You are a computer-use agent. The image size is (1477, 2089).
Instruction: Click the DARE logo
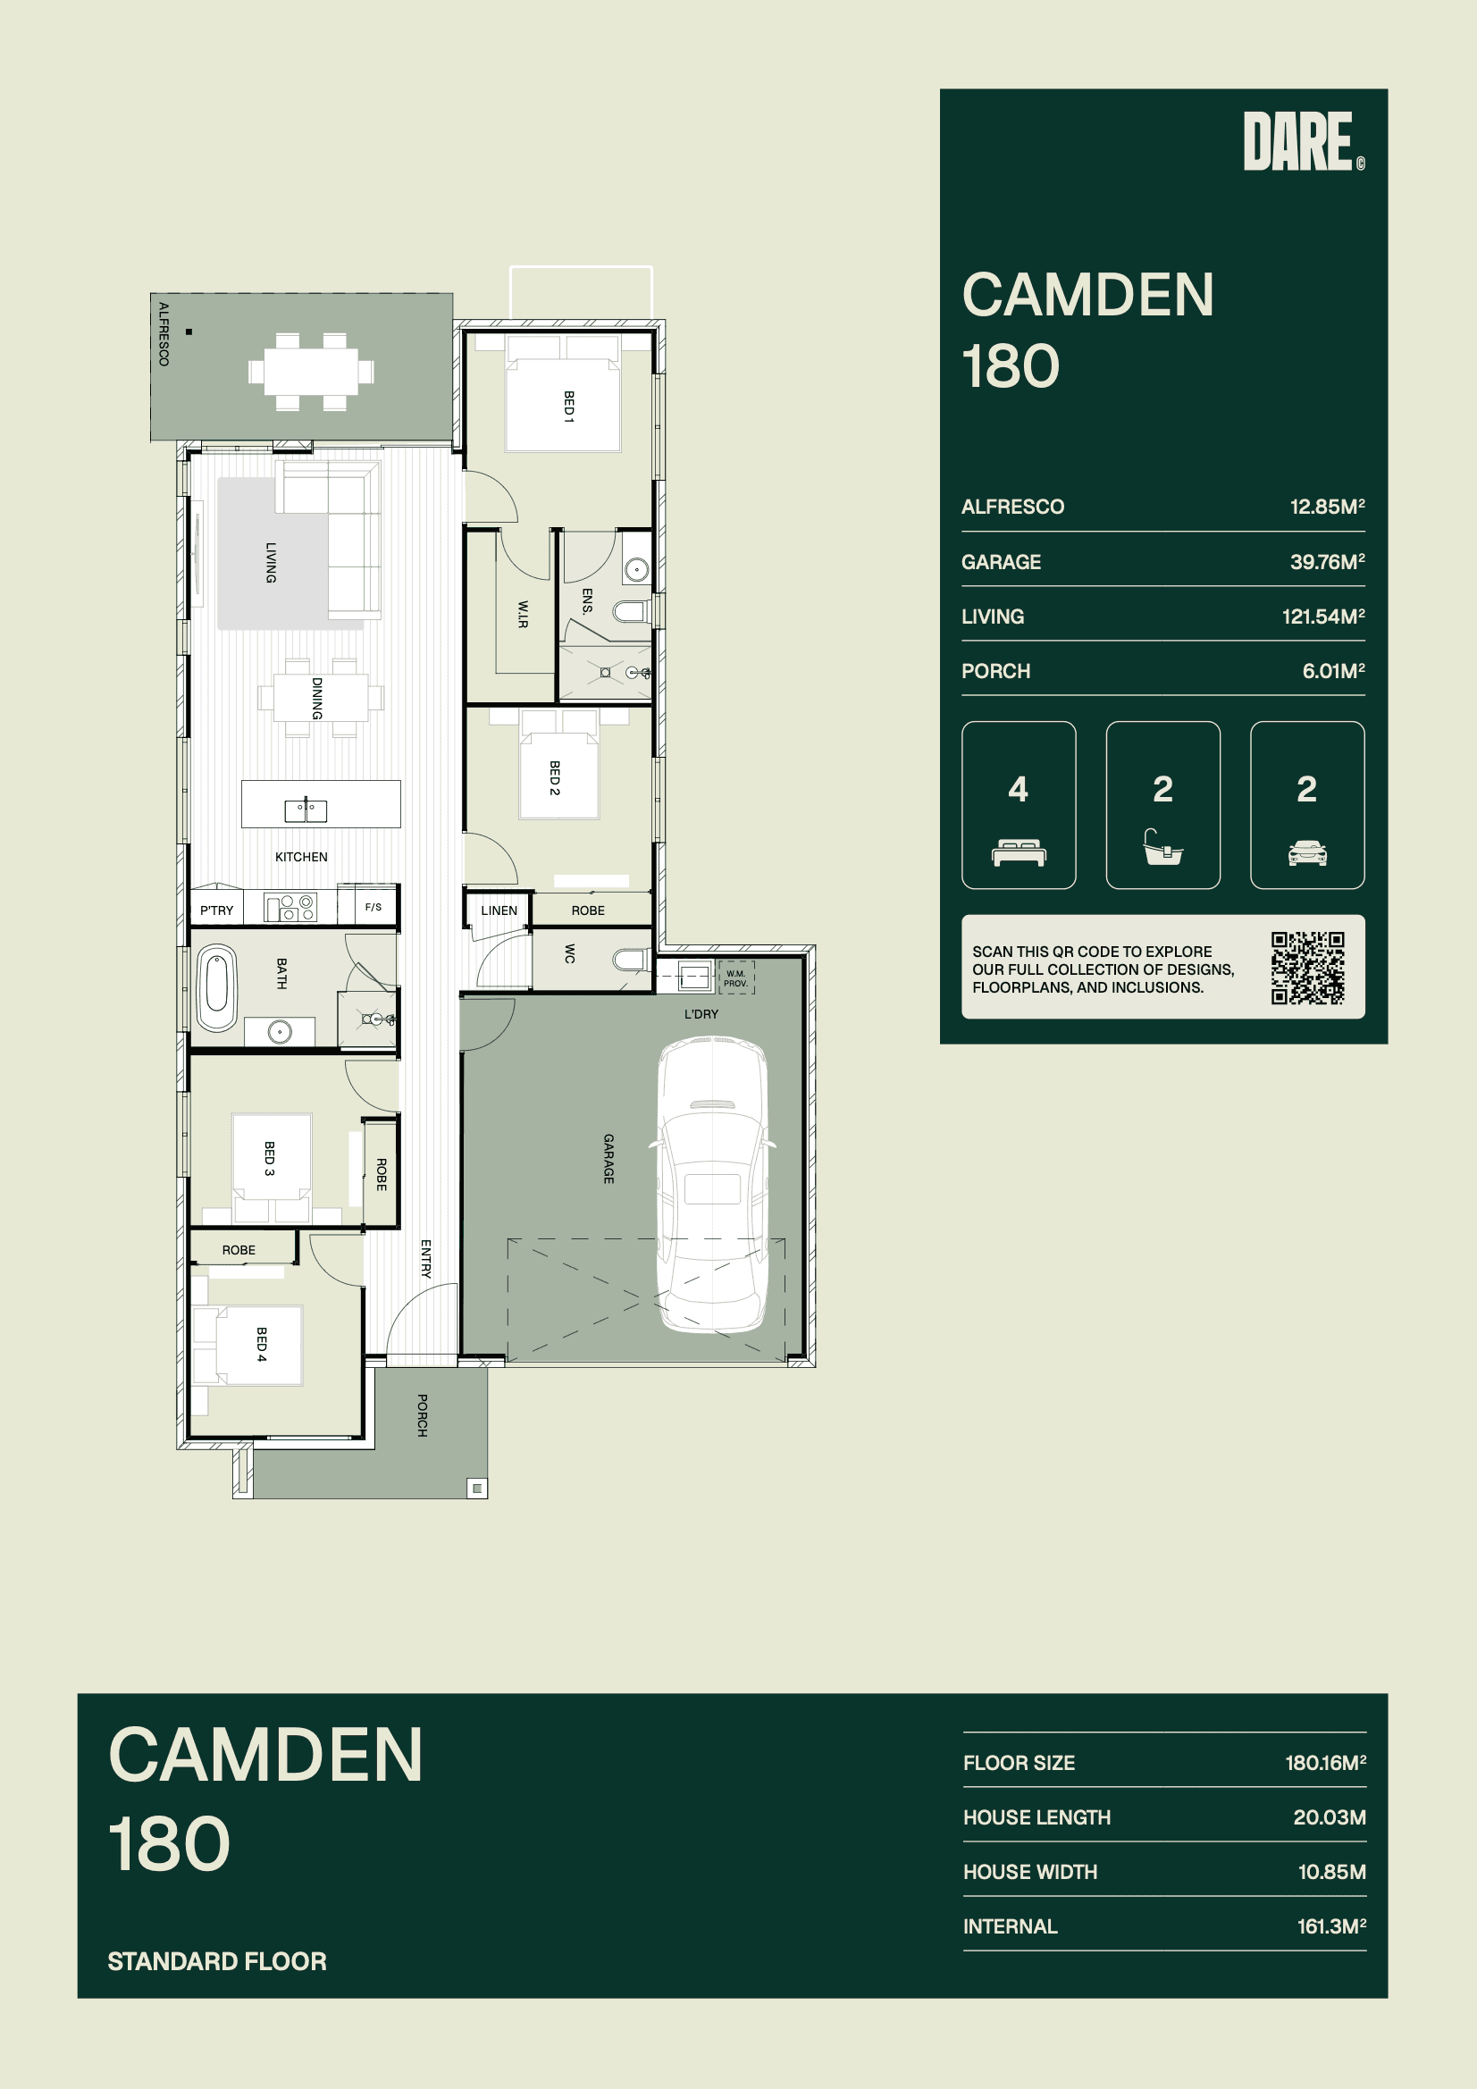tap(1303, 141)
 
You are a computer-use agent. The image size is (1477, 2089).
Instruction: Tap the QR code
tap(1308, 967)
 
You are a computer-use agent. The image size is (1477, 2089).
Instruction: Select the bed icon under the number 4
tap(1019, 852)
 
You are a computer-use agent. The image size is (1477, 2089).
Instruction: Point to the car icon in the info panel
tap(1307, 852)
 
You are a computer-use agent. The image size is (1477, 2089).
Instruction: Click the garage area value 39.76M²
tap(1327, 562)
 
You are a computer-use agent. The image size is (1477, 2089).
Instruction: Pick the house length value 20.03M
tap(1330, 1817)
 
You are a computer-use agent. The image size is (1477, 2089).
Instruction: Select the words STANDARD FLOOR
tap(216, 1961)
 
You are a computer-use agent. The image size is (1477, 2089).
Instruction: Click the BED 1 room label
tap(569, 407)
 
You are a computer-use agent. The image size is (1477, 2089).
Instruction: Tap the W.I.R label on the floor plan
tap(523, 614)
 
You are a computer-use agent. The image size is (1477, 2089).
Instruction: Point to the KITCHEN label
tap(301, 857)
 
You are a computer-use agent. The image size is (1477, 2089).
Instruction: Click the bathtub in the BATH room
tap(217, 989)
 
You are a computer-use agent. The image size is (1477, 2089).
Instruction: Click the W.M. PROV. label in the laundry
tap(735, 978)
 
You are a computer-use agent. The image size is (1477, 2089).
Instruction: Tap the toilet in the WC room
tap(632, 960)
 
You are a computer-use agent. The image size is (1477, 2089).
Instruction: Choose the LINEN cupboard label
tap(499, 910)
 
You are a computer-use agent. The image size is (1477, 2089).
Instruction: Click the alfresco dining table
tap(311, 372)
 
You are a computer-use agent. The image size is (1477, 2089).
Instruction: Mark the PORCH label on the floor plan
tap(423, 1414)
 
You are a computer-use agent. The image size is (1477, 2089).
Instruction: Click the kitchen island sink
tap(306, 809)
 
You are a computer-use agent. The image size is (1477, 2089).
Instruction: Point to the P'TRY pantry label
tap(216, 910)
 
